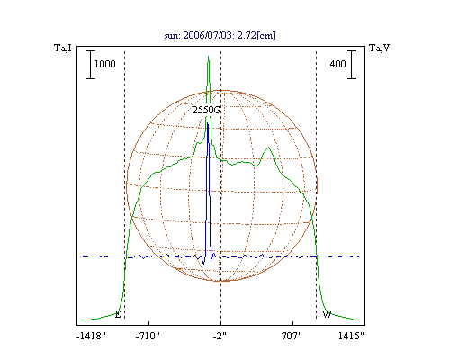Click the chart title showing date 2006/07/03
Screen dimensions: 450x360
220,35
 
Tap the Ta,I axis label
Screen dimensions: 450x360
63,48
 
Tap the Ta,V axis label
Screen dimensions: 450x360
380,48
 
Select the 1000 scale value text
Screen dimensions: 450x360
105,64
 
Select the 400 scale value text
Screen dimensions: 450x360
337,64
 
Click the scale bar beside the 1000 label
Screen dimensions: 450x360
91,65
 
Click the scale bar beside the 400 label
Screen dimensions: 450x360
352,65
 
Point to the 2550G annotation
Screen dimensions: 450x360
206,111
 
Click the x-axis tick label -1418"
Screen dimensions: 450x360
91,336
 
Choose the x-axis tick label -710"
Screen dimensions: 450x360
148,336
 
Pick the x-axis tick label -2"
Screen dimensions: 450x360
220,336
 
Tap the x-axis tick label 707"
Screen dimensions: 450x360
292,336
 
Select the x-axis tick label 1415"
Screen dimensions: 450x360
351,336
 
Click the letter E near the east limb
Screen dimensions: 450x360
118,315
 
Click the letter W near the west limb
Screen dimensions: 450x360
327,314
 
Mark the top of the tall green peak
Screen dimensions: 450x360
208,56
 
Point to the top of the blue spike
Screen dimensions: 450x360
208,122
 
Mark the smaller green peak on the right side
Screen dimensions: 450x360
268,147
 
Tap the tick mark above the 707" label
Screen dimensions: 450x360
292,323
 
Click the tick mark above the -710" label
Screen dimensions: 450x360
149,323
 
